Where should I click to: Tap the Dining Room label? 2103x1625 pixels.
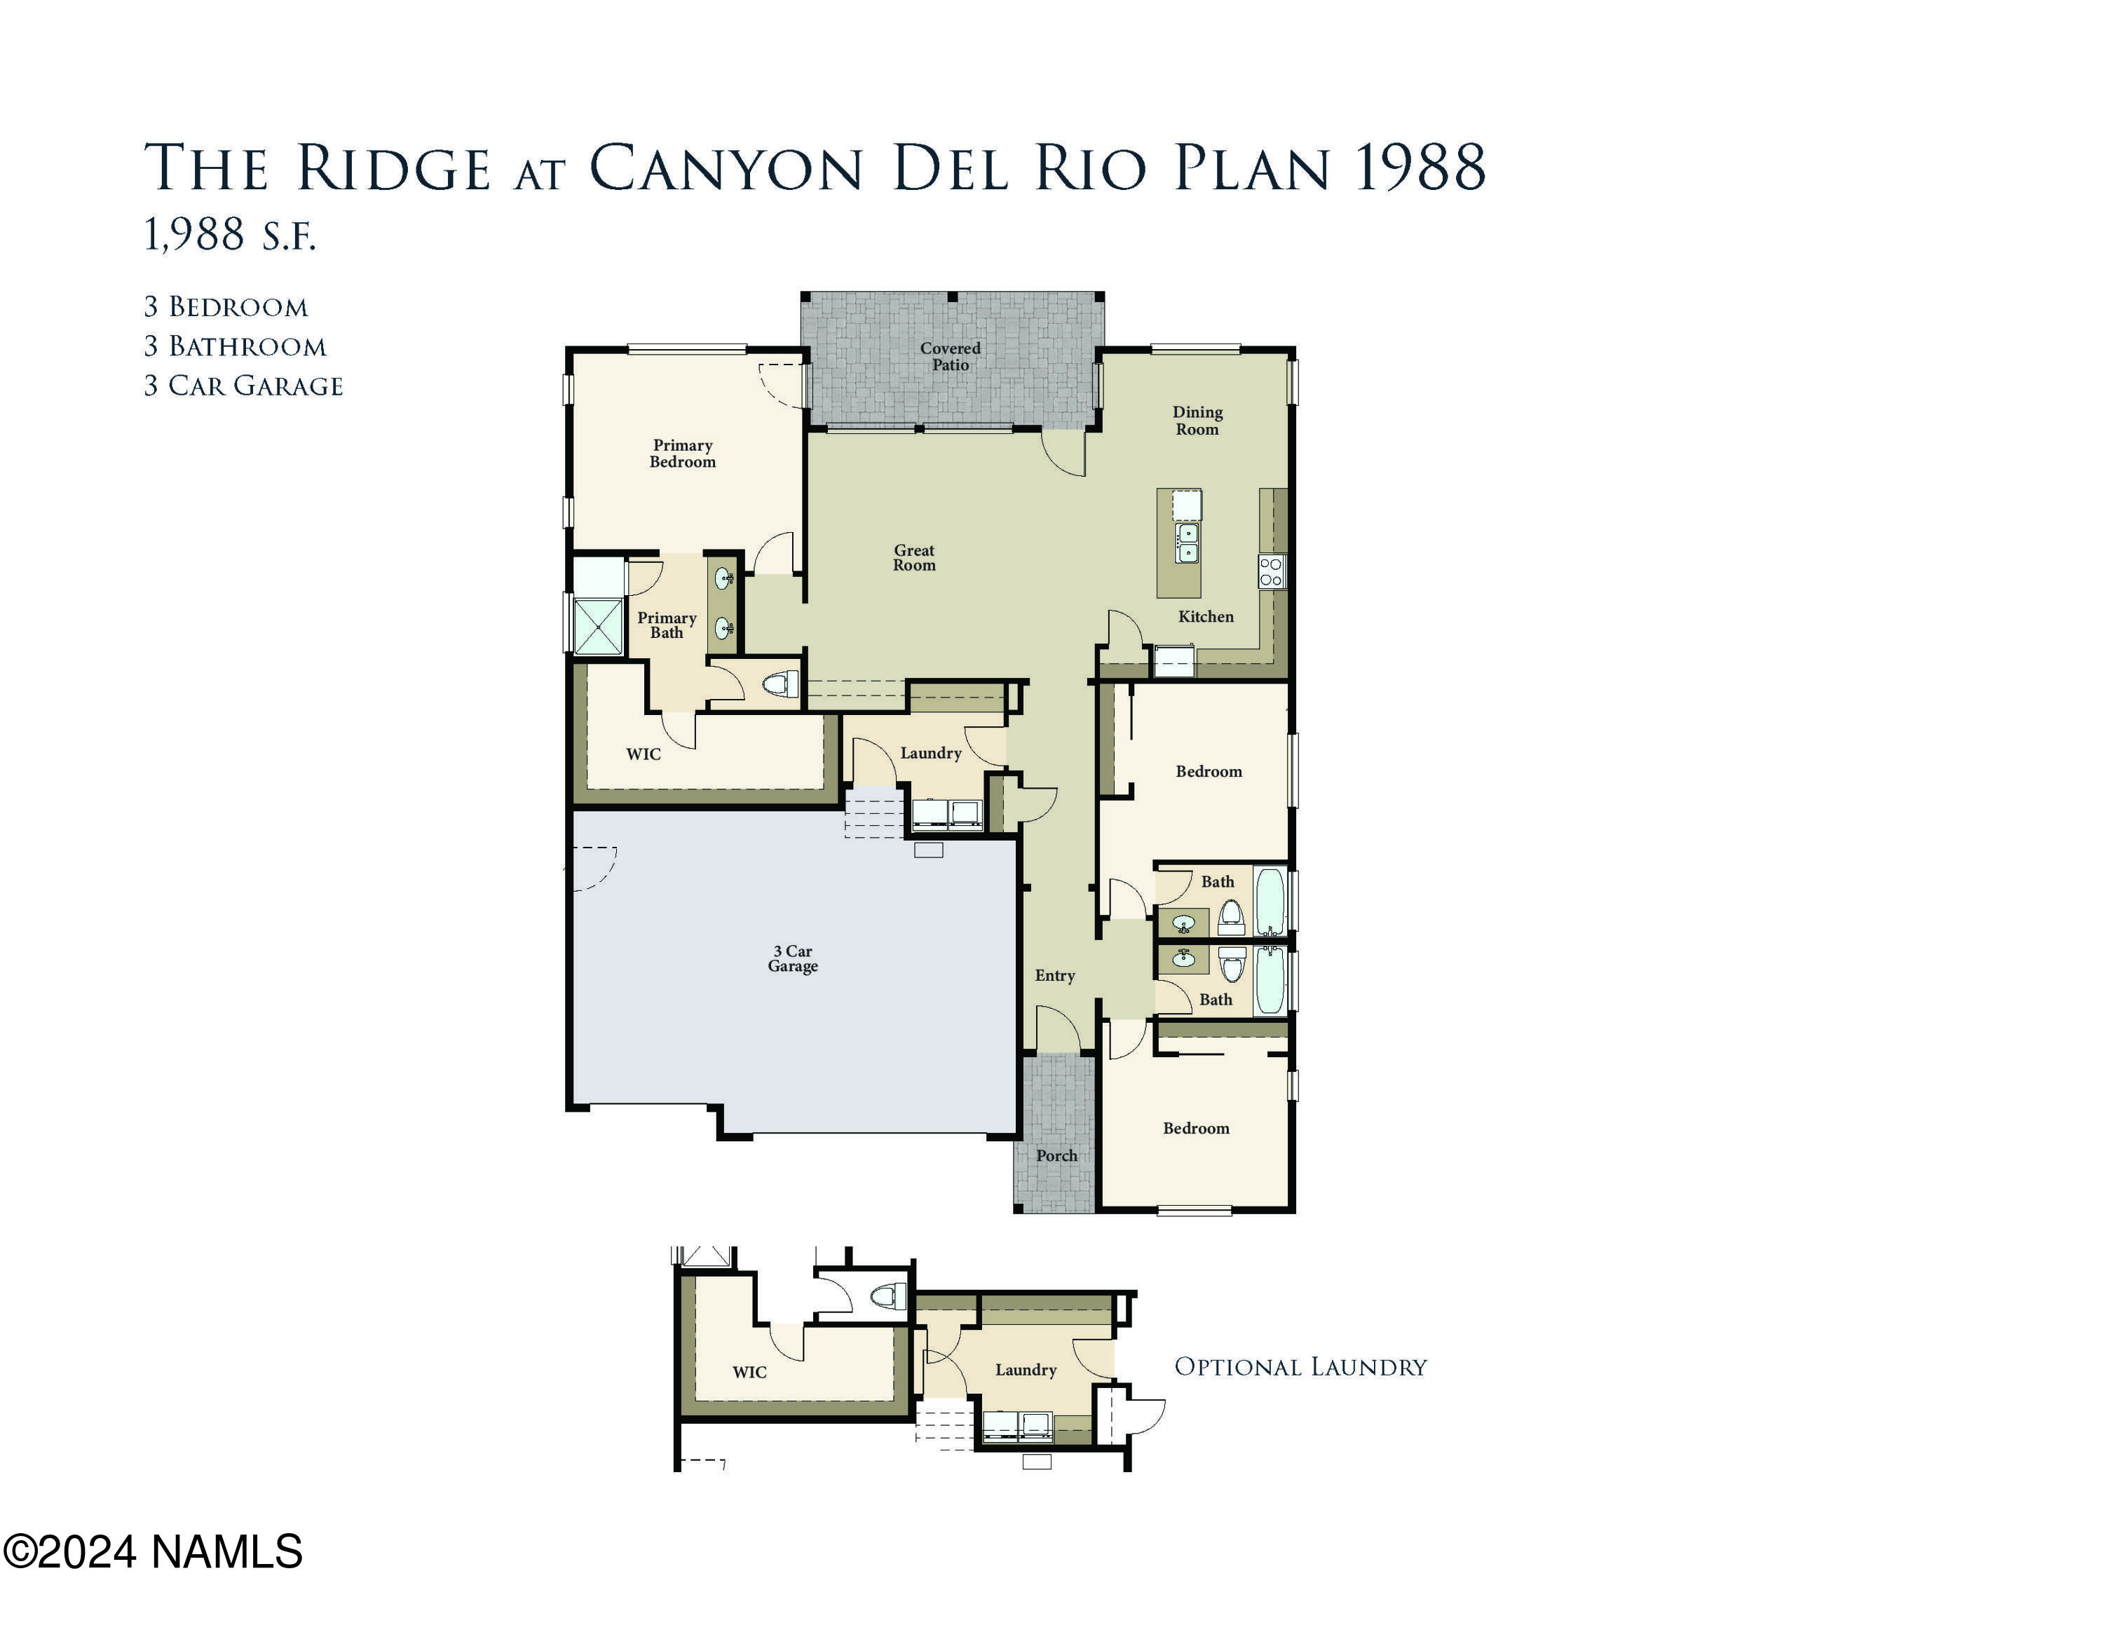coord(1197,421)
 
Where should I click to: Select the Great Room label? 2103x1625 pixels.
coord(914,557)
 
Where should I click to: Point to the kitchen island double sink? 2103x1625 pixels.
coord(1187,542)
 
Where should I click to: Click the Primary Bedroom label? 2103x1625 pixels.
coord(682,454)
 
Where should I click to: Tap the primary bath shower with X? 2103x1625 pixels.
coord(598,626)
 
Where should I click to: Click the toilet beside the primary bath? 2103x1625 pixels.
coord(781,686)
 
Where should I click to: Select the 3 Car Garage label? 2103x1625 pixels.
coord(792,959)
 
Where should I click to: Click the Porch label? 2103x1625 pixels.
coord(1056,1156)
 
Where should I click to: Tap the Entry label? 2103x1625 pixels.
coord(1054,976)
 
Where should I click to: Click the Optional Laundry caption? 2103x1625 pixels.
coord(1300,1368)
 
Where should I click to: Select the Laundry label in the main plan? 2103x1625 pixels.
coord(930,754)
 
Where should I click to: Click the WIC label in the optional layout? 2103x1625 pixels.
coord(749,1373)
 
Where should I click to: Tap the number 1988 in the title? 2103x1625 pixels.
coord(1420,168)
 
